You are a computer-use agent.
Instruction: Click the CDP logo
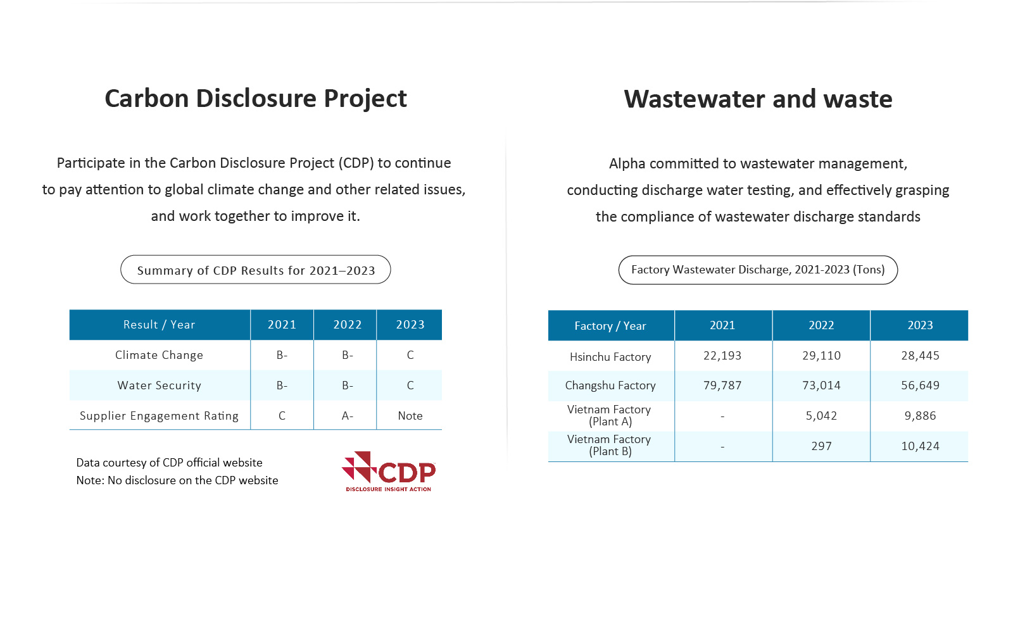389,472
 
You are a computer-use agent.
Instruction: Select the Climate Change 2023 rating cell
410,355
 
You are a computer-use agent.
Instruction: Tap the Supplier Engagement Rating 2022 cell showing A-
348,416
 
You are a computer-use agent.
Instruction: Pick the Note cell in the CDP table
410,416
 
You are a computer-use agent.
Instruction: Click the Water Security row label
159,385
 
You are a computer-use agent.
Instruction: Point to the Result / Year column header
159,325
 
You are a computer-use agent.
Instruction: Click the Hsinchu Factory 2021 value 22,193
722,356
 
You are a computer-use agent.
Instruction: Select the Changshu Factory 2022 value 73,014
821,385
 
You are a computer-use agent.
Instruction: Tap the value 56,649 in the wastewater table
921,385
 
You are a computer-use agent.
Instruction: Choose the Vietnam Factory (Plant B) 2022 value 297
821,446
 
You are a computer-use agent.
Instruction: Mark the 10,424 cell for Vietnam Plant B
921,446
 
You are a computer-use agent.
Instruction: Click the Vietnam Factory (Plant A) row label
610,415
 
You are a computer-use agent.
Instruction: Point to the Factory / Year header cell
610,325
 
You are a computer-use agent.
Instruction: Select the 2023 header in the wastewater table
920,325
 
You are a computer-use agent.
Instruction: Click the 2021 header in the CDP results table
282,325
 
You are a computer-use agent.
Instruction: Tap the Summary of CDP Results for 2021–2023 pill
256,270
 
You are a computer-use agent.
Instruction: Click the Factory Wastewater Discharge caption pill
758,270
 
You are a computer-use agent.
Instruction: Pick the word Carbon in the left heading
146,98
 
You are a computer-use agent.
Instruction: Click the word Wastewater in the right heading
694,99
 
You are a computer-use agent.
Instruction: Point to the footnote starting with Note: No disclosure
177,480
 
